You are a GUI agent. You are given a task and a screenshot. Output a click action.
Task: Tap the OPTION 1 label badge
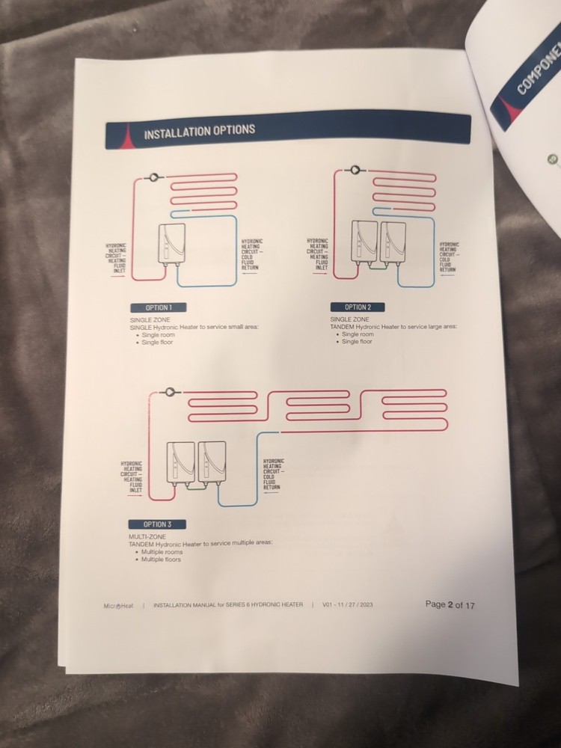coord(157,307)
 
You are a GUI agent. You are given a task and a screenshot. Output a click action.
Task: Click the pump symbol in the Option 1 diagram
coord(154,178)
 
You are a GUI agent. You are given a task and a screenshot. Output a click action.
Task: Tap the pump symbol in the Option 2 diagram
coord(354,171)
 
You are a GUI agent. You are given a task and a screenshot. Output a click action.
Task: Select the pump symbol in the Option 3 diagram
coord(171,392)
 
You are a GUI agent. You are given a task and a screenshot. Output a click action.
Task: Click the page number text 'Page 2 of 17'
coord(450,604)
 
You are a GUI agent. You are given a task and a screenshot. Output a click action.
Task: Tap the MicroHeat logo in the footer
coord(118,606)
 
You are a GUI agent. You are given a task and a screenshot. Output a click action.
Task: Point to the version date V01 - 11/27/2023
coord(347,605)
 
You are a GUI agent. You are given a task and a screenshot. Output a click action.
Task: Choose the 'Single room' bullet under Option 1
coord(158,335)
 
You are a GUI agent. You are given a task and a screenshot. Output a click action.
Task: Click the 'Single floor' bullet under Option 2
coord(357,341)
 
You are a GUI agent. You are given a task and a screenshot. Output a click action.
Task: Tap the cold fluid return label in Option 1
coord(250,254)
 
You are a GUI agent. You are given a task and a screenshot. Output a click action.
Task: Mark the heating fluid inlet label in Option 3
coord(132,476)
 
